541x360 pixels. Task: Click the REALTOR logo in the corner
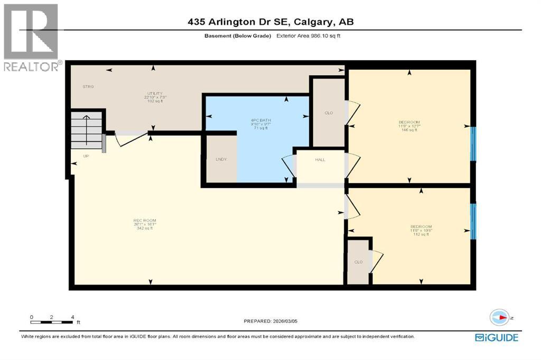[x=31, y=37]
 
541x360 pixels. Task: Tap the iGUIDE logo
[x=496, y=337]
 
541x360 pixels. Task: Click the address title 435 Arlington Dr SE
[x=270, y=22]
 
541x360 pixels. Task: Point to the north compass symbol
[x=499, y=317]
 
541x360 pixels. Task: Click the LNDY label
[x=221, y=159]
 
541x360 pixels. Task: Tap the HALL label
[x=321, y=159]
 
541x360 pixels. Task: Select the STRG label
[x=88, y=86]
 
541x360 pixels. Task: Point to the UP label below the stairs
[x=86, y=156]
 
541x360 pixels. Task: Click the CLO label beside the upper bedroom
[x=328, y=112]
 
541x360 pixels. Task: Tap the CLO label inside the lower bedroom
[x=358, y=262]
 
